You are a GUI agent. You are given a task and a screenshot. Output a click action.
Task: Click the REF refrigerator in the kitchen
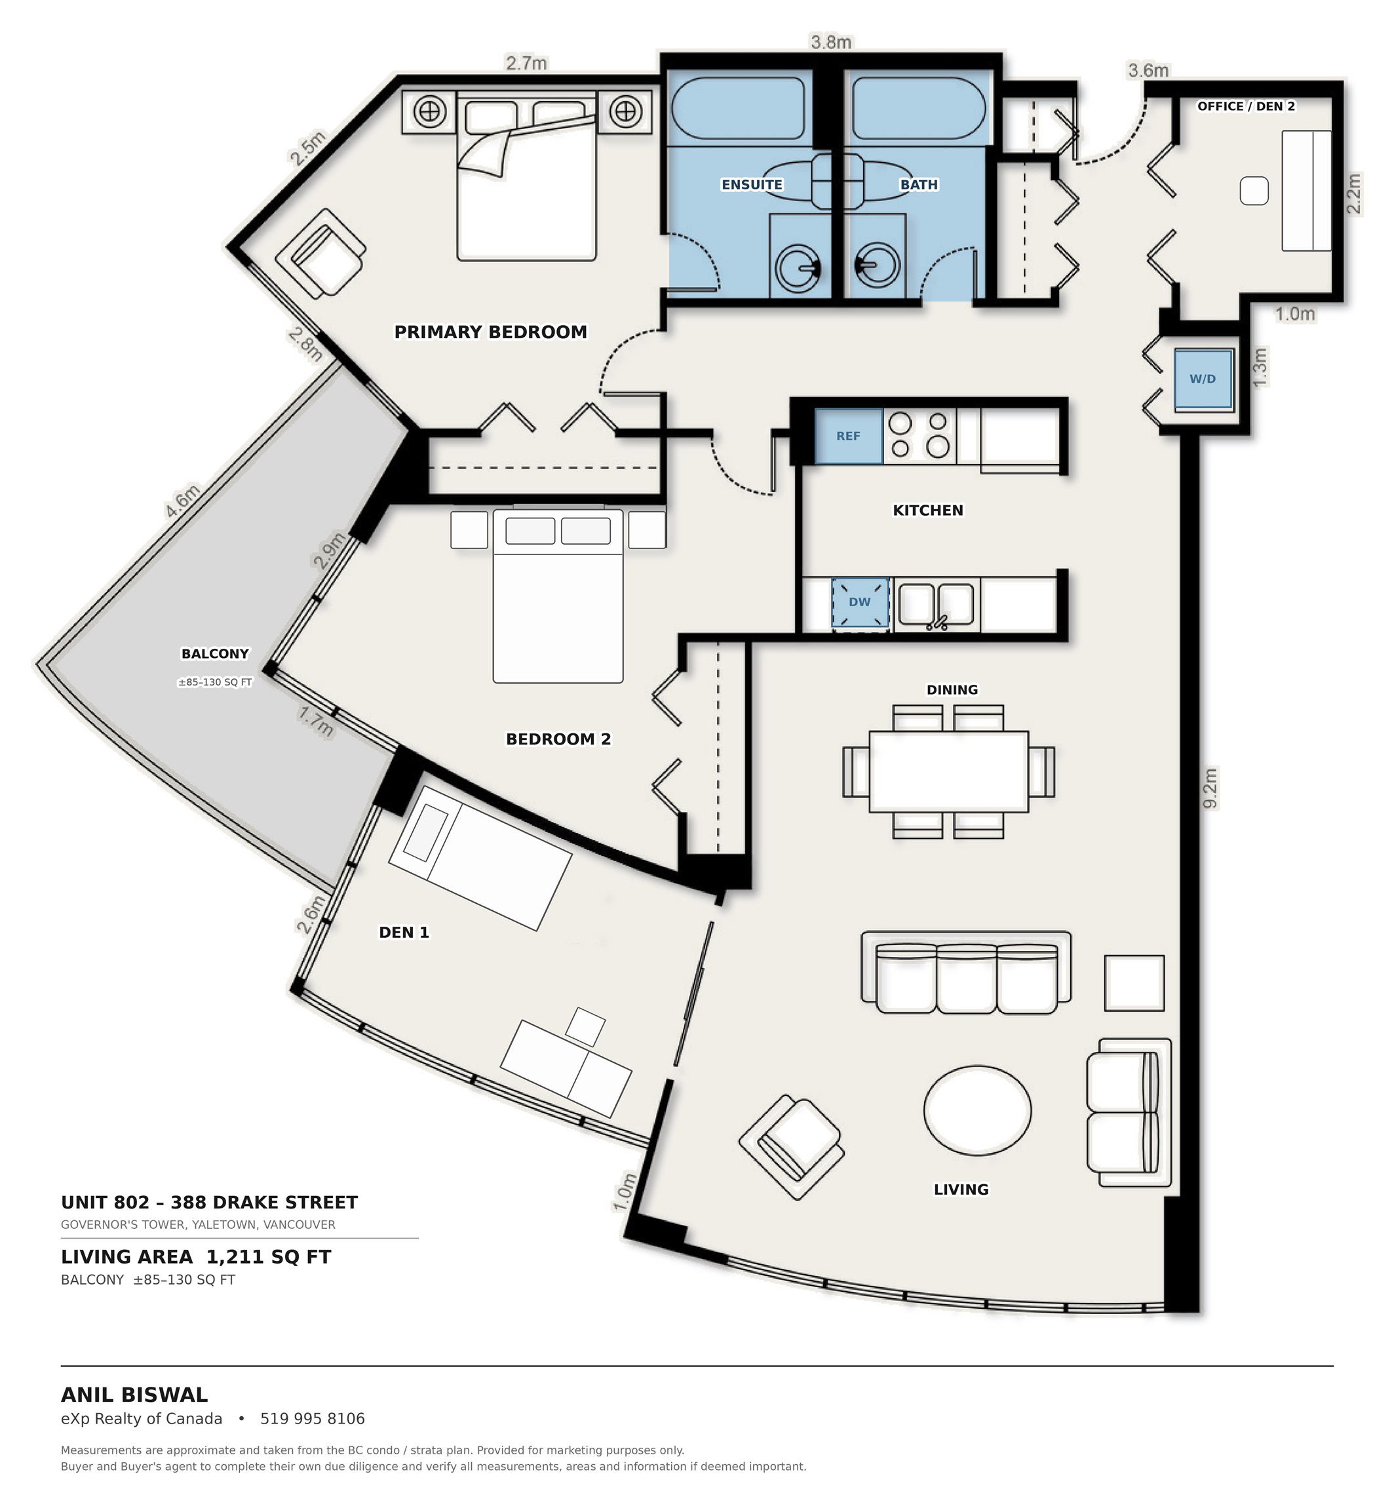point(848,436)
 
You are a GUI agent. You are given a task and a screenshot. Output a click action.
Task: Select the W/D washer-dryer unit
point(1203,379)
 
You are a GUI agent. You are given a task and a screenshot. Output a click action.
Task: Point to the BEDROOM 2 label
point(558,739)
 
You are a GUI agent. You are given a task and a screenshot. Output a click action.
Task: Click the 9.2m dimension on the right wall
point(1209,789)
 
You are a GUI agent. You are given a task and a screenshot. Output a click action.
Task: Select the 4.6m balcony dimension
point(183,501)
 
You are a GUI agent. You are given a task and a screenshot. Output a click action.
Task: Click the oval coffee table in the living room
point(977,1110)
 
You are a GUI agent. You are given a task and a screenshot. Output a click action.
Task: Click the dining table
point(948,771)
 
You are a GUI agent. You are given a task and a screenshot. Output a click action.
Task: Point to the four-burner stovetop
point(919,435)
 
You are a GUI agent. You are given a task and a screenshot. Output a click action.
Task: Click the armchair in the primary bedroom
point(320,254)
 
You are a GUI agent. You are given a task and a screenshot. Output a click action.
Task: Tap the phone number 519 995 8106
point(313,1419)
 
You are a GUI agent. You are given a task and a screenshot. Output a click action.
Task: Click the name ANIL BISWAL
point(134,1395)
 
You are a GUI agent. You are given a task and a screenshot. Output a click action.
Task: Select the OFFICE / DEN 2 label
point(1245,106)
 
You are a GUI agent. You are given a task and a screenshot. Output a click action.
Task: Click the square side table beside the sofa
point(1134,983)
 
